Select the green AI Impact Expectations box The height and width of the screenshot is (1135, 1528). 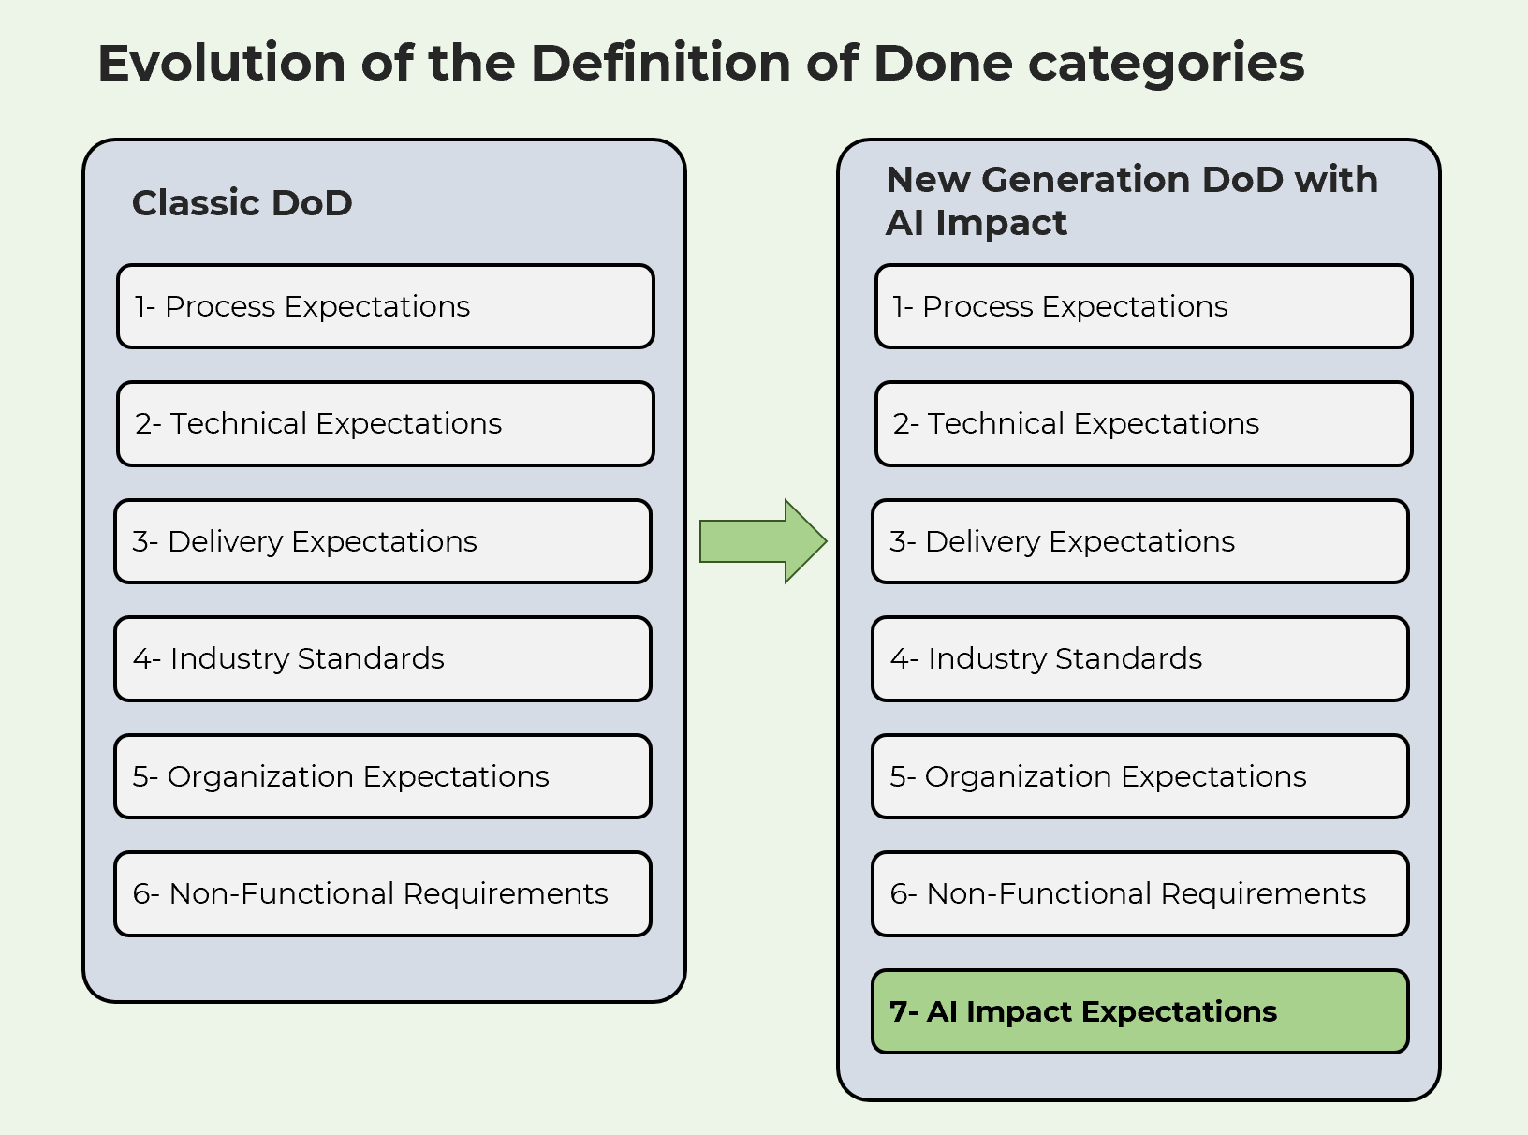(x=1139, y=1011)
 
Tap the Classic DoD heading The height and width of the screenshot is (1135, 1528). (x=242, y=203)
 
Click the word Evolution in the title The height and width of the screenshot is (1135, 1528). (x=222, y=64)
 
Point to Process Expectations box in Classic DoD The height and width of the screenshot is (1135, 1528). (x=385, y=306)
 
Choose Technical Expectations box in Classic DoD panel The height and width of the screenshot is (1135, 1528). (x=385, y=423)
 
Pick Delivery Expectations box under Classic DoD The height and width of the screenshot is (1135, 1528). (x=382, y=541)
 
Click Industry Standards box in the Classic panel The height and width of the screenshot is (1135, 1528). (x=382, y=658)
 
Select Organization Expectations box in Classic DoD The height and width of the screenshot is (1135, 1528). (x=382, y=776)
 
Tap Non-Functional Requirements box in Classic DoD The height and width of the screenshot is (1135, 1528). (x=382, y=893)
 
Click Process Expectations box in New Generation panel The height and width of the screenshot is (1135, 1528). (x=1143, y=306)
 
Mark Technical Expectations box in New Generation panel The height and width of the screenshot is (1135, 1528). (x=1143, y=423)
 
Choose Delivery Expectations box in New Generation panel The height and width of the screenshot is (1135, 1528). (x=1139, y=541)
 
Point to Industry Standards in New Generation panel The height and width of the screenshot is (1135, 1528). (x=1139, y=658)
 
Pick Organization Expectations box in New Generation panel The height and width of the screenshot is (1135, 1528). (x=1139, y=776)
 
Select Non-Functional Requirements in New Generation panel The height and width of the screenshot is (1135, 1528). (x=1139, y=893)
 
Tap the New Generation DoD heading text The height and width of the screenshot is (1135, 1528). (x=1131, y=200)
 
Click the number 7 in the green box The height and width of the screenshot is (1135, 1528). (x=898, y=1011)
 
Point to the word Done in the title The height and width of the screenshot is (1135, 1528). (x=943, y=64)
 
